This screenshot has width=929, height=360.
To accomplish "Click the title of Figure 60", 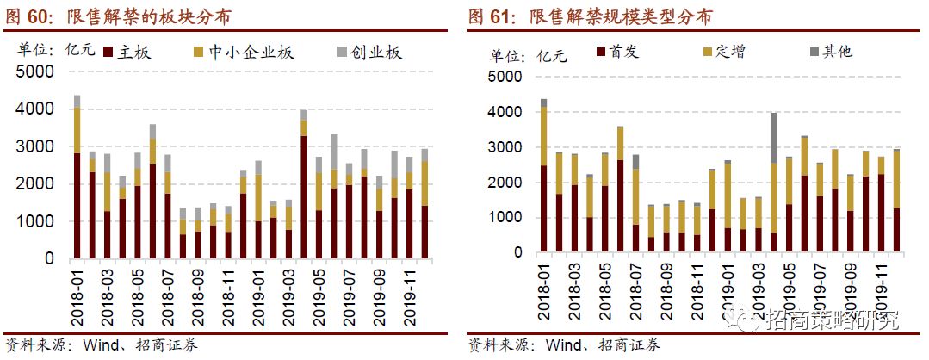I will [121, 16].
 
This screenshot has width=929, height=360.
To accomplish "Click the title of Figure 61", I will [590, 16].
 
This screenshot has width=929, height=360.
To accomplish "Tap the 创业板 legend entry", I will [369, 53].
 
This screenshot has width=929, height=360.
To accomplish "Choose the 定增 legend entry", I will [723, 53].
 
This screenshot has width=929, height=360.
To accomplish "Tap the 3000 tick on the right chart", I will [506, 148].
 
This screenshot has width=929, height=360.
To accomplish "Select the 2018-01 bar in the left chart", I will [77, 181].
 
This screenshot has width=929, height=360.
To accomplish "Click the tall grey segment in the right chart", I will [775, 138].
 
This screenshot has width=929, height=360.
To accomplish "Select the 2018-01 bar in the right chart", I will [543, 181].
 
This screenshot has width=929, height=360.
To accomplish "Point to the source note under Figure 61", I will [564, 345].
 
